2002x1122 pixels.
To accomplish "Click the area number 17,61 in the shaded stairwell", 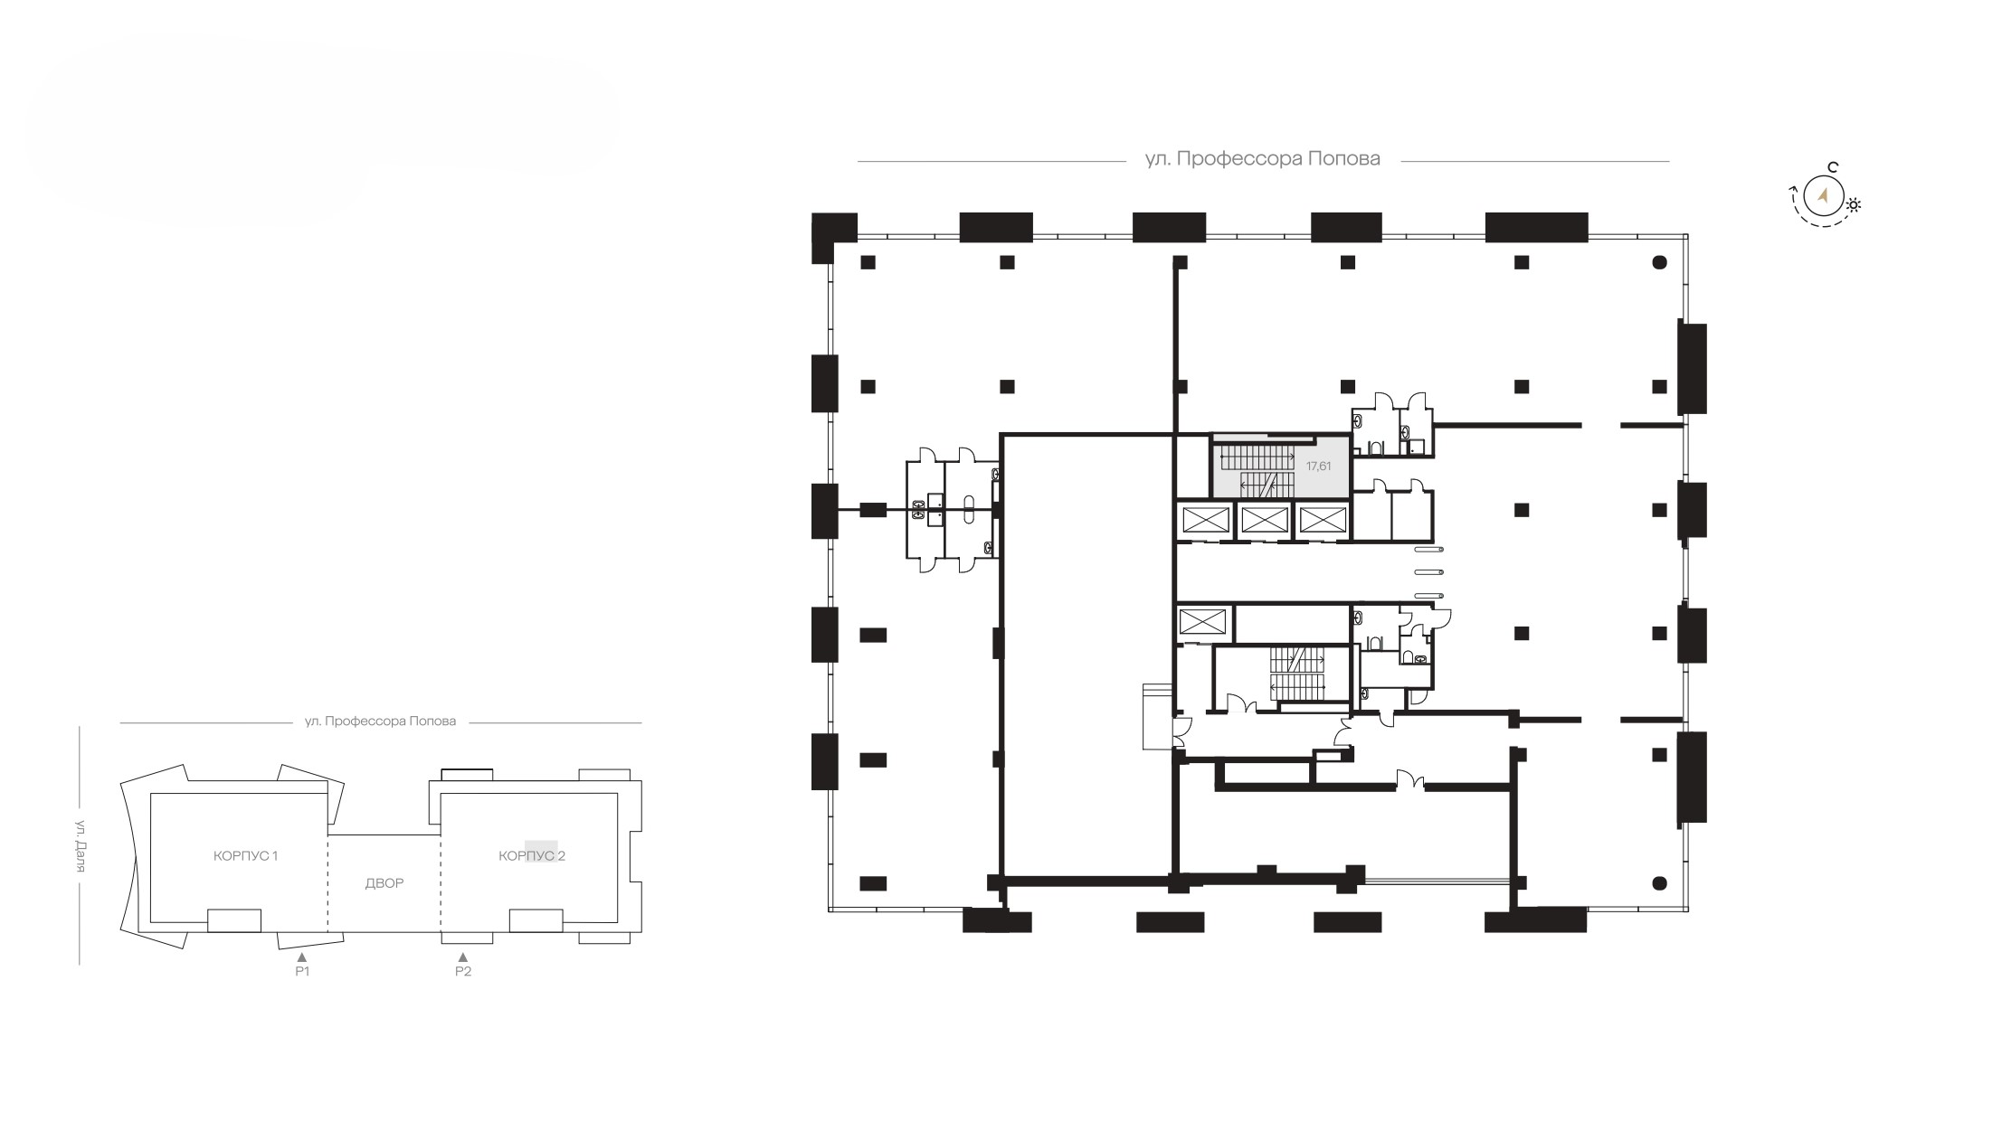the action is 1318,467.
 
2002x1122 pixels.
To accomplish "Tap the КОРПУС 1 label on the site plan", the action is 245,855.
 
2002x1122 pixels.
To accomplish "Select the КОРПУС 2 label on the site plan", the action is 532,855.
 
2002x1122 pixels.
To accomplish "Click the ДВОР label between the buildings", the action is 384,883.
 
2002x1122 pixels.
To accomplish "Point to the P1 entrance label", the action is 302,971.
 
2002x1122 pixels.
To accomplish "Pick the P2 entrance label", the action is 463,971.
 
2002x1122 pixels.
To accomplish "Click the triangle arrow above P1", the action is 302,956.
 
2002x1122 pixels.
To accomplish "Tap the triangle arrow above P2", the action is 463,956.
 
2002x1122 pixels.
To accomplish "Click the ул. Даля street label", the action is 80,846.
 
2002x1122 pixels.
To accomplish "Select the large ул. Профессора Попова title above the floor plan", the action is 1263,159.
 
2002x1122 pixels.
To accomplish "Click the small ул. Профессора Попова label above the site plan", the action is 380,721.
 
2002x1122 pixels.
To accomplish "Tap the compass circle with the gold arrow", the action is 1824,196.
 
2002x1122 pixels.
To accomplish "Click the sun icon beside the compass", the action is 1854,204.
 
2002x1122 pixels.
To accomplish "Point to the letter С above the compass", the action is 1832,167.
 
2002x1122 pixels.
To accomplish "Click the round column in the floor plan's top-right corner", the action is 1659,262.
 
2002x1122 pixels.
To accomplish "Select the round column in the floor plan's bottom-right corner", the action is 1659,882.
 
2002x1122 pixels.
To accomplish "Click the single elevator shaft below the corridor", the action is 1203,622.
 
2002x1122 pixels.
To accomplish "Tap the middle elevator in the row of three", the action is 1264,520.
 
